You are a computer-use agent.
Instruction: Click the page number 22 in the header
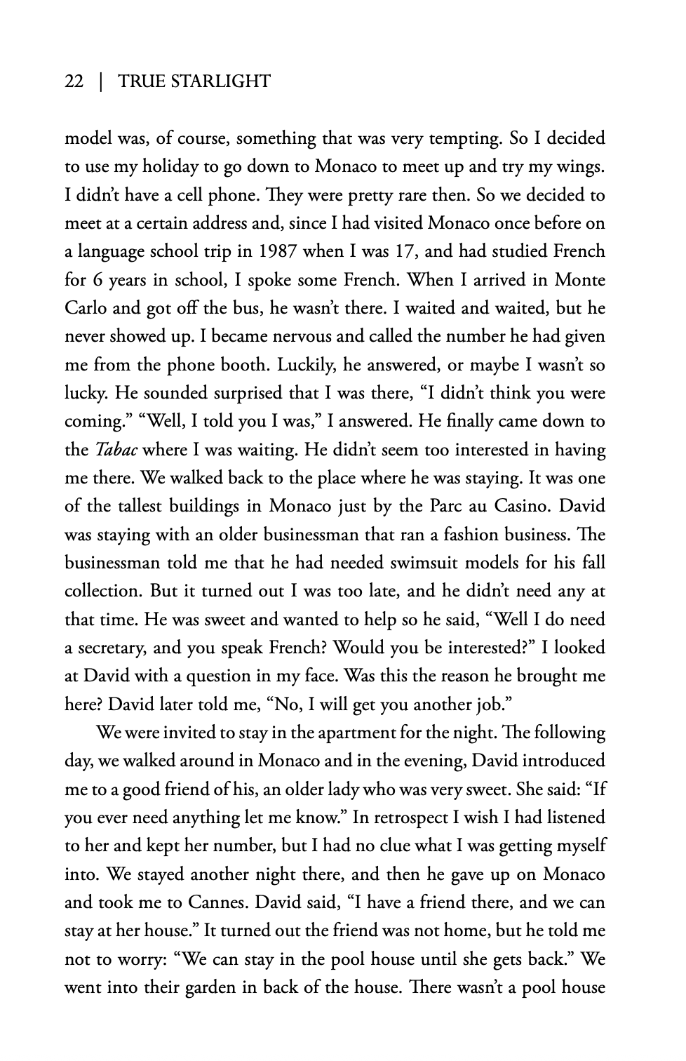click(x=74, y=82)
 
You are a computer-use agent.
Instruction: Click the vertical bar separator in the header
click(x=101, y=82)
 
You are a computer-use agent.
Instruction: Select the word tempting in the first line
click(x=462, y=138)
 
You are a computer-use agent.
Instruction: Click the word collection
click(x=103, y=591)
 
